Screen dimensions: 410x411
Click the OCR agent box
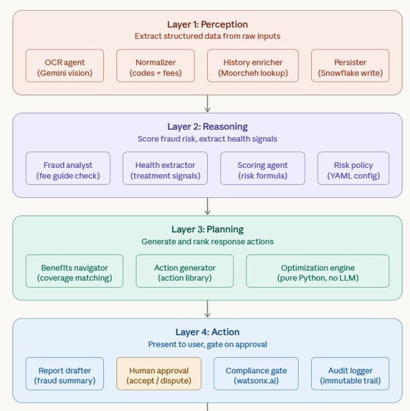click(x=65, y=66)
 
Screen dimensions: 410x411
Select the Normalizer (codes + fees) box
click(x=156, y=66)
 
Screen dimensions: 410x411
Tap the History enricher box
click(x=253, y=66)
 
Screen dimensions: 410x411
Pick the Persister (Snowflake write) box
click(x=351, y=66)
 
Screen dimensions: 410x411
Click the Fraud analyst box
click(x=68, y=169)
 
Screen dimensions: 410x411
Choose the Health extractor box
click(x=166, y=169)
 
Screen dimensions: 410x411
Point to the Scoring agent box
click(x=262, y=169)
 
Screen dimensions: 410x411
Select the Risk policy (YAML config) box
click(x=353, y=169)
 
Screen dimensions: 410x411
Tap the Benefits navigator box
click(x=75, y=271)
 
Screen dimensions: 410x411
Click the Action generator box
click(x=185, y=271)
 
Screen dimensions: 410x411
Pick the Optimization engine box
click(x=318, y=271)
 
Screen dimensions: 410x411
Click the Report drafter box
click(x=65, y=374)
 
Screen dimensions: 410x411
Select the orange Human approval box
click(x=158, y=374)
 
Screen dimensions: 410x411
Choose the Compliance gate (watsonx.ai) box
click(x=256, y=374)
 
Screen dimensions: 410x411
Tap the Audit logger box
click(x=351, y=374)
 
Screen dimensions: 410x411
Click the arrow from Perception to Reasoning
click(x=207, y=104)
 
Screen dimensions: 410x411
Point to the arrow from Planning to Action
click(x=207, y=309)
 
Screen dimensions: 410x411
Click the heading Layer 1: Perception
click(x=207, y=24)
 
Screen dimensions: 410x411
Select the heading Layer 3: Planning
click(x=207, y=230)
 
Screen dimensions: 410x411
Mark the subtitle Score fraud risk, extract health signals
click(x=207, y=139)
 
